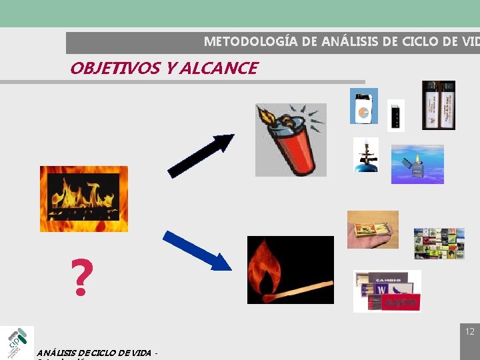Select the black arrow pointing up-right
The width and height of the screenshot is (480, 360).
[201, 155]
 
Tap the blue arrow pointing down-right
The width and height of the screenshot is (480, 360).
[197, 250]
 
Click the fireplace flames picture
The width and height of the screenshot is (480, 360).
[83, 199]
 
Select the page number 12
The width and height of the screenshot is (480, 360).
[469, 331]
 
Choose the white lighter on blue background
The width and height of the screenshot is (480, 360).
[363, 106]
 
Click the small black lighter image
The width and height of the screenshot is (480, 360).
[395, 116]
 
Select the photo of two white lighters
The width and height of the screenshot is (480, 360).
[438, 105]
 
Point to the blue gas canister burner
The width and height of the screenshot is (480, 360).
[366, 155]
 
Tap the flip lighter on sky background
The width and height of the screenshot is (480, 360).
[417, 164]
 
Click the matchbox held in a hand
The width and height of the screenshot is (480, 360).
[372, 230]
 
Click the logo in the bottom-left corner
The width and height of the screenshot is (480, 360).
[17, 342]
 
